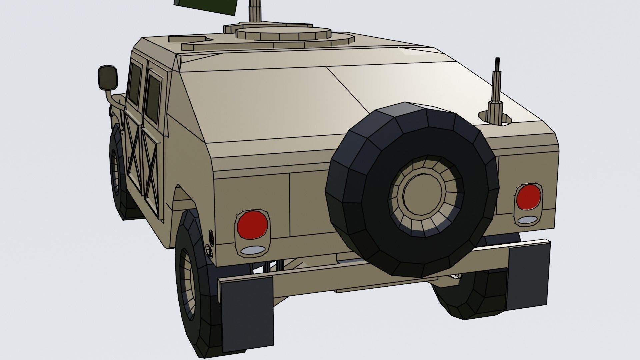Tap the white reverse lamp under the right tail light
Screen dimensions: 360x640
click(527, 220)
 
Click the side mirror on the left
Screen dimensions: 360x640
click(108, 78)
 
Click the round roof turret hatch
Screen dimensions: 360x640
click(283, 34)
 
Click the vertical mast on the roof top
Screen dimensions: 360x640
click(256, 12)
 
